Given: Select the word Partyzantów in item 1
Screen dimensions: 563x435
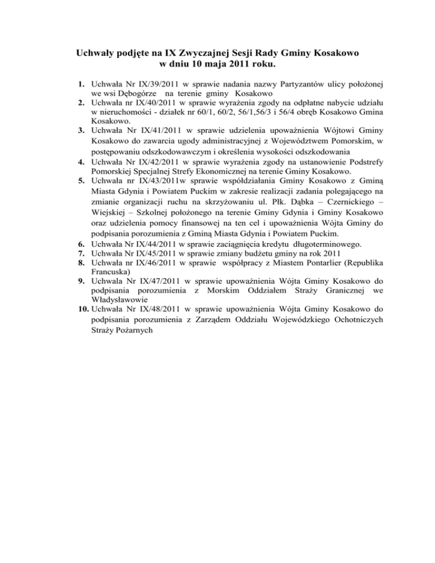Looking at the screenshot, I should [287, 84].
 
